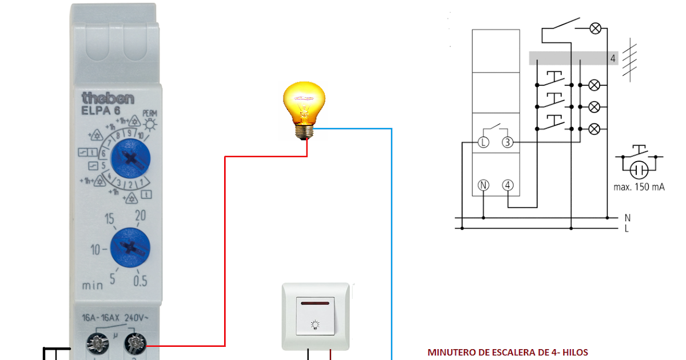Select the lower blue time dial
pyautogui.click(x=130, y=246)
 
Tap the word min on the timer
pyautogui.click(x=92, y=284)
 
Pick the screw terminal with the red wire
pyautogui.click(x=135, y=344)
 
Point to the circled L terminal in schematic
pyautogui.click(x=483, y=143)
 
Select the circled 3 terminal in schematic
pyautogui.click(x=508, y=143)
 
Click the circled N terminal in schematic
pyautogui.click(x=483, y=185)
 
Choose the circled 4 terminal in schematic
pyautogui.click(x=508, y=185)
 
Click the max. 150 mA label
pyautogui.click(x=639, y=187)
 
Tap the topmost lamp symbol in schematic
pyautogui.click(x=595, y=28)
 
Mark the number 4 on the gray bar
pyautogui.click(x=612, y=58)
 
